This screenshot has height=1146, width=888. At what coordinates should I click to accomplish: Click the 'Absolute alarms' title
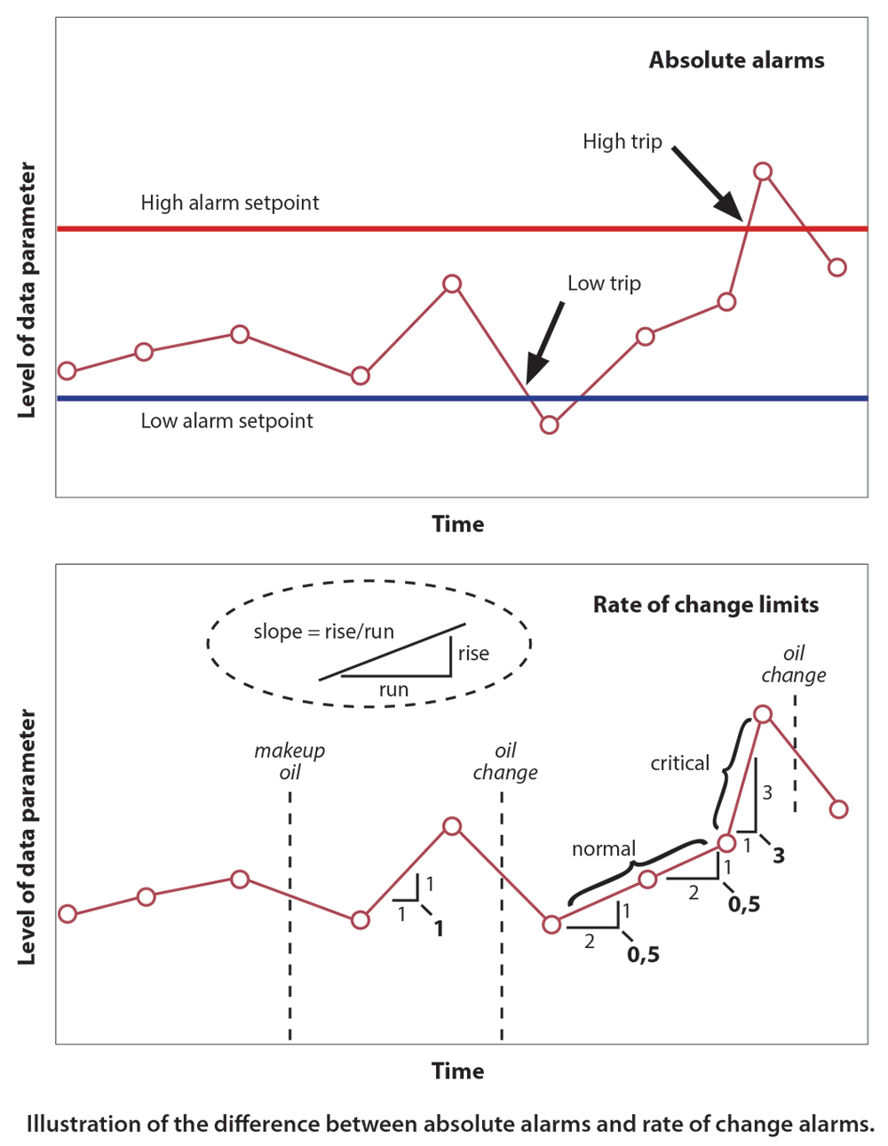736,60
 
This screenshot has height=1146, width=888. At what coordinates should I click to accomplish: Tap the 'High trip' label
622,141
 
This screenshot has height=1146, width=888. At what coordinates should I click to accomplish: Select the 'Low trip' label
604,283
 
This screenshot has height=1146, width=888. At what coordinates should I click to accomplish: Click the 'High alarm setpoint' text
230,203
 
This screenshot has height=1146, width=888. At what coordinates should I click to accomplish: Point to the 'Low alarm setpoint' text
226,421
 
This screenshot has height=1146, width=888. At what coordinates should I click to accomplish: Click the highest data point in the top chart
762,171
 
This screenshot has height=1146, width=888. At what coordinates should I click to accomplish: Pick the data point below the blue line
550,425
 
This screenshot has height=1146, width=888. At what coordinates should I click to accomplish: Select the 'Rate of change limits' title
706,605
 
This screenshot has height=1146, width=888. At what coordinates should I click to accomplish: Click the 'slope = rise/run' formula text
323,632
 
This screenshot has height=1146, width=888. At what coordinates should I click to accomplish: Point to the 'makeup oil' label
289,761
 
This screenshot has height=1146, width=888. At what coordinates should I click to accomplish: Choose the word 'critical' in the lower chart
679,763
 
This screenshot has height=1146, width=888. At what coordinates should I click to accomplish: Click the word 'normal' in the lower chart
604,848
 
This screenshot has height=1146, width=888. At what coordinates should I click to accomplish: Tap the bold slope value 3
779,856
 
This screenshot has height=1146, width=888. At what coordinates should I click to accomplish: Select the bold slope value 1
438,929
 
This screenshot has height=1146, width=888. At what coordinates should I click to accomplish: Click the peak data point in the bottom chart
762,714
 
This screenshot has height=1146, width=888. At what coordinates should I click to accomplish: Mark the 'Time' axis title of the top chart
458,524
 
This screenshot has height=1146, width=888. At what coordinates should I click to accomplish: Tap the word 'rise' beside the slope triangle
473,654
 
